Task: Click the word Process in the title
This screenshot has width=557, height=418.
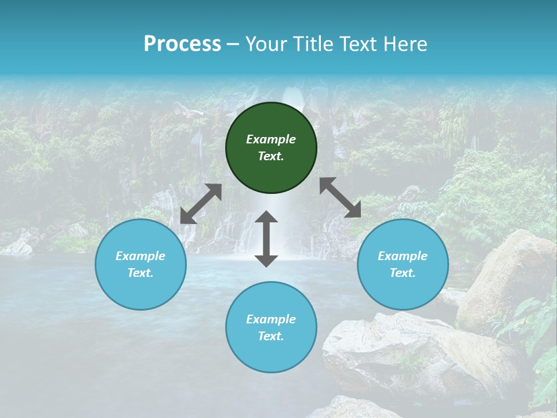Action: pos(182,44)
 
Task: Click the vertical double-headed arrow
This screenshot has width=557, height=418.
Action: pos(266,239)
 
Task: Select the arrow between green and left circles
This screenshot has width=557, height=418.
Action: pos(201,204)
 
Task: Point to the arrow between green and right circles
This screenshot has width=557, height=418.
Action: pos(340,197)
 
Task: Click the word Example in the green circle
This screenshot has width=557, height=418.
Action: pos(271,139)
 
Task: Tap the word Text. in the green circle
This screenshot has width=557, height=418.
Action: pos(271,156)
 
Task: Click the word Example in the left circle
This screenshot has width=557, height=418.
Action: pos(140,256)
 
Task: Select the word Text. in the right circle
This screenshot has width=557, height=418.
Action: pos(403,273)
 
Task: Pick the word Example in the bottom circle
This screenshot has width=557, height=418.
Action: pos(271,319)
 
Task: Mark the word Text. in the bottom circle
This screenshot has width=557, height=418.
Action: pos(271,336)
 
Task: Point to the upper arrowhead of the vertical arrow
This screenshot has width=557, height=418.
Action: pos(266,218)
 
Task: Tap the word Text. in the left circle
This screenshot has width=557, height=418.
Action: pos(140,273)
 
